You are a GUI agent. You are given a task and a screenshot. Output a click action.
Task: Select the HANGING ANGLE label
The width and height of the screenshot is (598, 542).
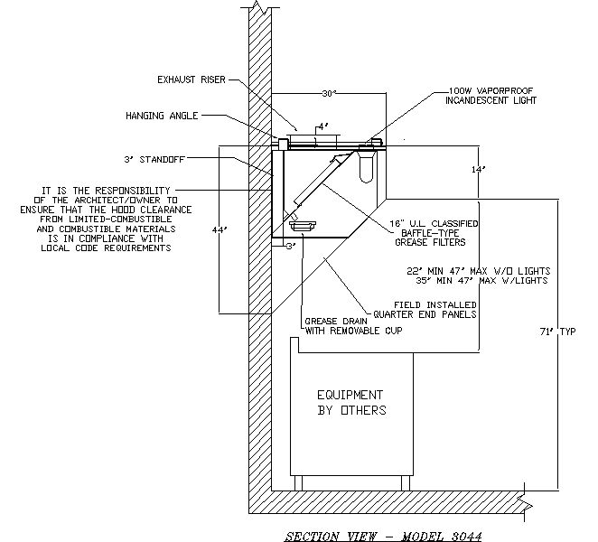pyautogui.click(x=163, y=116)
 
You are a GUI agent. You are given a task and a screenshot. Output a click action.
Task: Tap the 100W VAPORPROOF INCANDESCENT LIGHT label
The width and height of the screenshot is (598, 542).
pyautogui.click(x=491, y=96)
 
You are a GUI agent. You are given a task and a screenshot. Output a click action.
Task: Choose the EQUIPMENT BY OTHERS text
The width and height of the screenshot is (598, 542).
pyautogui.click(x=351, y=403)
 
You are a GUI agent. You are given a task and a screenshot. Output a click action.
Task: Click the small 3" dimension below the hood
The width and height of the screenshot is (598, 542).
pyautogui.click(x=290, y=246)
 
